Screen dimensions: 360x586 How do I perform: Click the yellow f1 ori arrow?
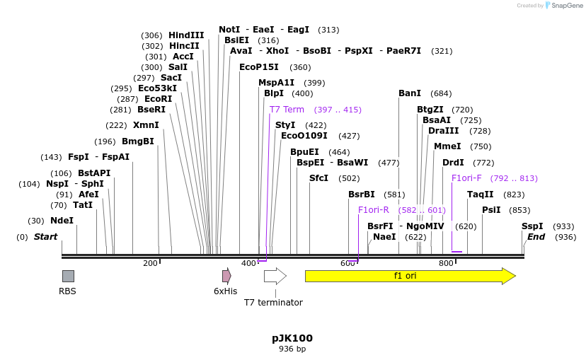point(410,276)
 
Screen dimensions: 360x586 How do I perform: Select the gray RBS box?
point(68,276)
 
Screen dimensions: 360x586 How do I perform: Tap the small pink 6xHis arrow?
point(226,276)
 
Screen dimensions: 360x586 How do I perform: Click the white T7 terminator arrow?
point(275,276)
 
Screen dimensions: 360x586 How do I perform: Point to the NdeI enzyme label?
point(62,221)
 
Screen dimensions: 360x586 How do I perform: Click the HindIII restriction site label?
point(186,35)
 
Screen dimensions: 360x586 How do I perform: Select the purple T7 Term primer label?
point(287,110)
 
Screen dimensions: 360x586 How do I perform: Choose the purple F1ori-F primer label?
point(466,178)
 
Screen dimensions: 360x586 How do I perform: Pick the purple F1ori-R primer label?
point(374,210)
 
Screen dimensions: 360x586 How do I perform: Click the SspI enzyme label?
point(532,226)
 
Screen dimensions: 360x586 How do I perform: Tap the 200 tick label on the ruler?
point(150,264)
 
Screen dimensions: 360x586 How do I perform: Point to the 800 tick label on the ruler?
point(446,264)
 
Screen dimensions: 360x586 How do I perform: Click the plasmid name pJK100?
point(292,338)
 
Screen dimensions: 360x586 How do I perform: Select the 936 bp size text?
point(292,349)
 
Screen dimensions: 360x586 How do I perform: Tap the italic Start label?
point(45,237)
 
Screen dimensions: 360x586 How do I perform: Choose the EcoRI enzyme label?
point(158,99)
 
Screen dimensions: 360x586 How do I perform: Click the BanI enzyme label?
point(410,93)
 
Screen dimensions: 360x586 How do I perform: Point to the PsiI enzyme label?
point(491,210)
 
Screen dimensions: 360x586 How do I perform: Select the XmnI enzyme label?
point(146,125)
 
